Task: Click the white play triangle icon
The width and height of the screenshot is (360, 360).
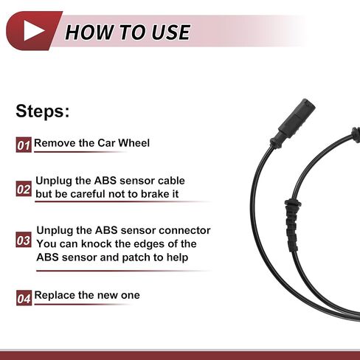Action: (x=33, y=30)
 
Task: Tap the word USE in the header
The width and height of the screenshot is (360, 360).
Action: (x=171, y=32)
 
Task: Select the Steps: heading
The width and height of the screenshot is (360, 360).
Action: (x=43, y=111)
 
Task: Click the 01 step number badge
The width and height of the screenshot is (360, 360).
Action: (x=24, y=145)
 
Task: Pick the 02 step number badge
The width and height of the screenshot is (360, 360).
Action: (x=24, y=189)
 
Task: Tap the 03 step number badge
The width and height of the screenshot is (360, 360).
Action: (x=24, y=239)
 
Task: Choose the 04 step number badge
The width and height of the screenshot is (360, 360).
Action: (x=24, y=298)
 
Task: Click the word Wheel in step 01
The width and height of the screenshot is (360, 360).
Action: (x=134, y=143)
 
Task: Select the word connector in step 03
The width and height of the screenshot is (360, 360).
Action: (x=184, y=230)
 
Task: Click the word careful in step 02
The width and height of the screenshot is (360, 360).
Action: (x=88, y=194)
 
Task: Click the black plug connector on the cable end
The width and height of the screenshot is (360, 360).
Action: (x=293, y=123)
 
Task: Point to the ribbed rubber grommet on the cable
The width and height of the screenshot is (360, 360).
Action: (x=292, y=225)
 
